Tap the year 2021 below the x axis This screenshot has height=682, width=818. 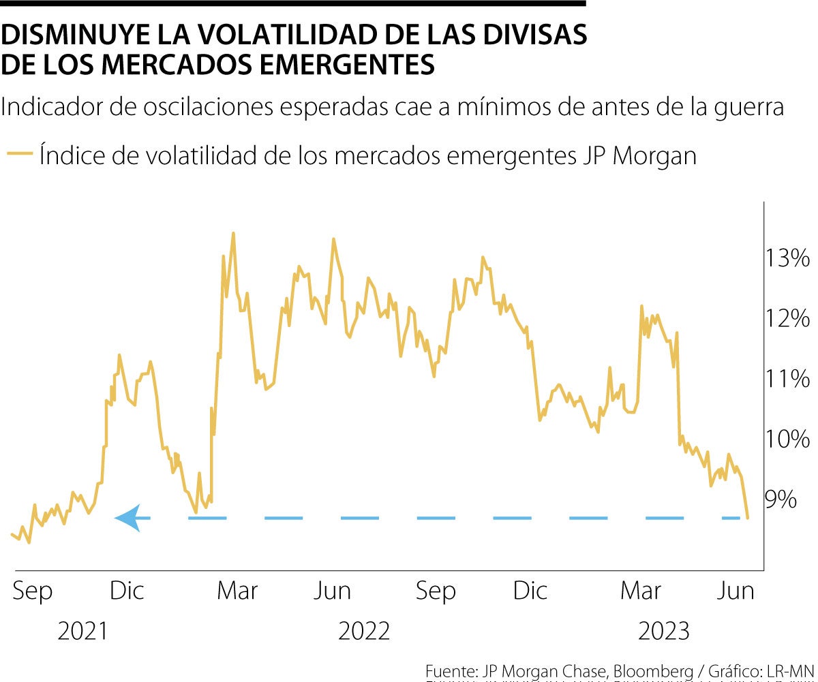[82, 632]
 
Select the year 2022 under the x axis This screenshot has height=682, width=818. [364, 632]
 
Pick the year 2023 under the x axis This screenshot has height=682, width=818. [664, 632]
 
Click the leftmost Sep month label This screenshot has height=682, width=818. [32, 591]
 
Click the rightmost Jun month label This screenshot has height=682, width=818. [736, 591]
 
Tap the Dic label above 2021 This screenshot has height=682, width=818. [127, 591]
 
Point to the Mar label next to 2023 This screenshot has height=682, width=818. [640, 591]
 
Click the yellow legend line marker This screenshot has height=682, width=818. [19, 155]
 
